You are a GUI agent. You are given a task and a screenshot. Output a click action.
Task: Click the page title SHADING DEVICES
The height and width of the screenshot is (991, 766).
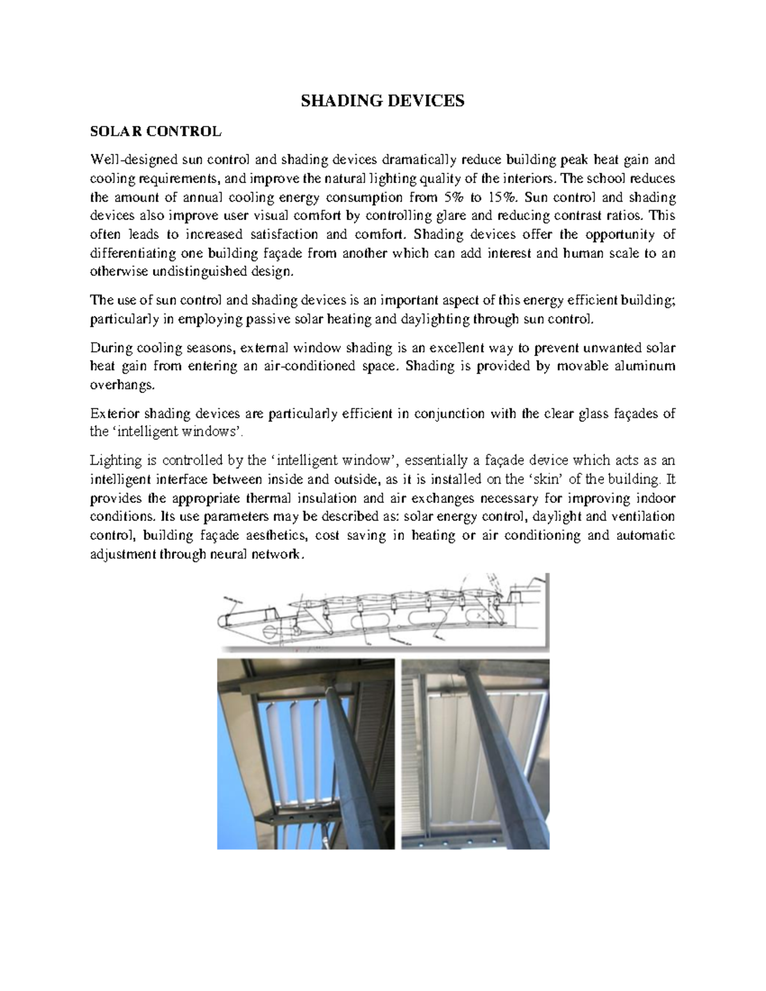[x=382, y=101]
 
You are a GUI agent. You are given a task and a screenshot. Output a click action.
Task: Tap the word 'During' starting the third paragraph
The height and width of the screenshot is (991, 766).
[x=111, y=348]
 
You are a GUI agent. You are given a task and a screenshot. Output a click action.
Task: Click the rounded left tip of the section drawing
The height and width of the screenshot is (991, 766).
[x=223, y=620]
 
